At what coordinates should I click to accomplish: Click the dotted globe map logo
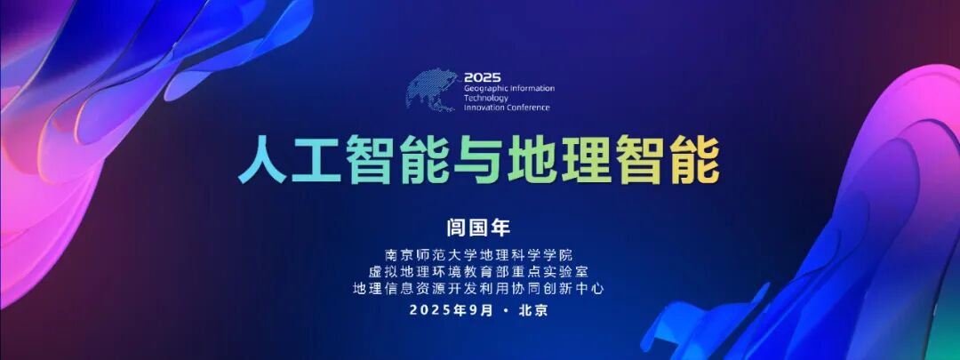click(435, 90)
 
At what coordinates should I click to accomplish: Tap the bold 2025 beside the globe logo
click(482, 78)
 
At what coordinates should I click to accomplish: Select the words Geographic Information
click(508, 89)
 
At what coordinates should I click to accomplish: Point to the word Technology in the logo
click(485, 99)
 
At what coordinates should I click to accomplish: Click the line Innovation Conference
click(507, 108)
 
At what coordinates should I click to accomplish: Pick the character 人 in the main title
click(262, 161)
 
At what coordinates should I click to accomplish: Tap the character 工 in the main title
click(320, 161)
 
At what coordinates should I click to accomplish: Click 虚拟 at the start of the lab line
click(385, 271)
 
